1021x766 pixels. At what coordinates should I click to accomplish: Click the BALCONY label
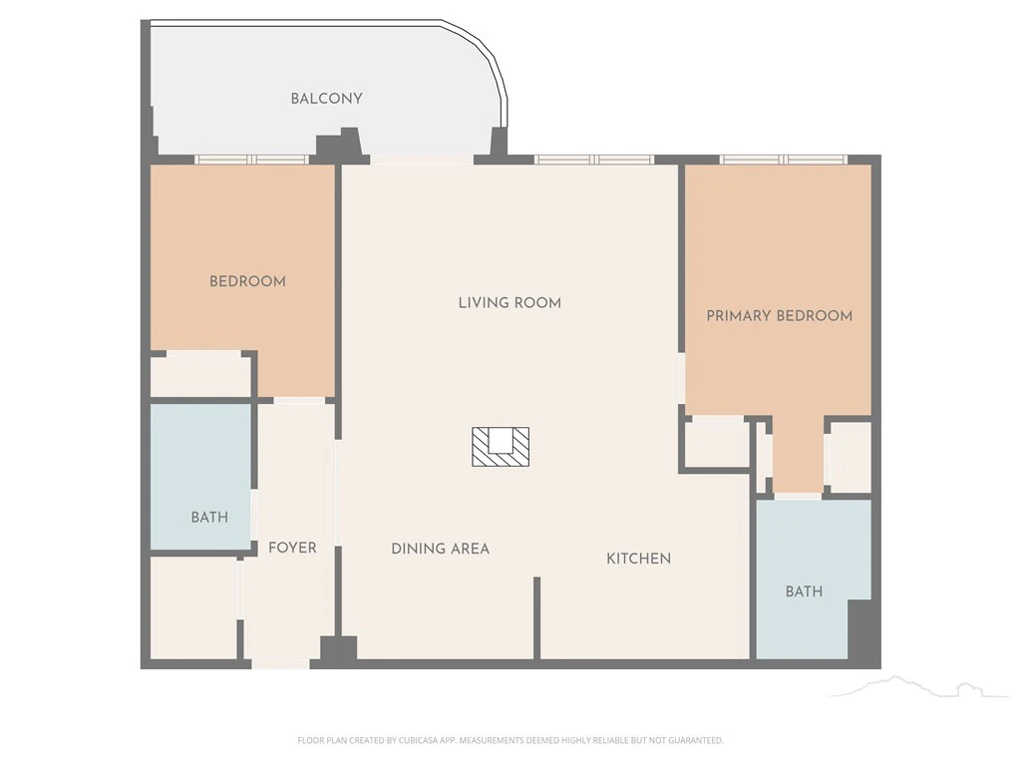pos(326,99)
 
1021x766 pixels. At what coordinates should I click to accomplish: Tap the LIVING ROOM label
pos(510,303)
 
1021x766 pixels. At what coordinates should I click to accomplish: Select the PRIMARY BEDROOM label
pos(780,316)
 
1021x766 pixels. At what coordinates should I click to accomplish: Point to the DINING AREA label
pos(440,549)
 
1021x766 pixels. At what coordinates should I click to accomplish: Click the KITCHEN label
pos(639,559)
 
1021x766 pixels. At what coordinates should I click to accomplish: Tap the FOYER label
pos(292,548)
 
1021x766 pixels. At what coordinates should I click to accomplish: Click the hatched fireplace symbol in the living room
pos(501,447)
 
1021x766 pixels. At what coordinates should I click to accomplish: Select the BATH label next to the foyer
pos(209,518)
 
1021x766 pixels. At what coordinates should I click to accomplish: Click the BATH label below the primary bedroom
pos(805,591)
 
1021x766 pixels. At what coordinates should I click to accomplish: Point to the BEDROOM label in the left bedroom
pos(247,281)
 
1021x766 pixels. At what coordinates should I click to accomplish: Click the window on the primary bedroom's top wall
pos(784,160)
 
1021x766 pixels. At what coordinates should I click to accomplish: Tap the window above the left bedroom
pos(252,160)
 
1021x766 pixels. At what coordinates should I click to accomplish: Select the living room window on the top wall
pos(594,160)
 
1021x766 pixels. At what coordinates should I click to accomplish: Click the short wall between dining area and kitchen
pos(537,617)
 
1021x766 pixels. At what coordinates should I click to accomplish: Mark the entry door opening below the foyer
pos(280,663)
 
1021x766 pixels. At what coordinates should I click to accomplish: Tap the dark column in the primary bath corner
pos(859,630)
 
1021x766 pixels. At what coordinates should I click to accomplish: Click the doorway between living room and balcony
pos(422,160)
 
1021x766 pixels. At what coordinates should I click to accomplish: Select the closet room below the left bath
pos(193,607)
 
